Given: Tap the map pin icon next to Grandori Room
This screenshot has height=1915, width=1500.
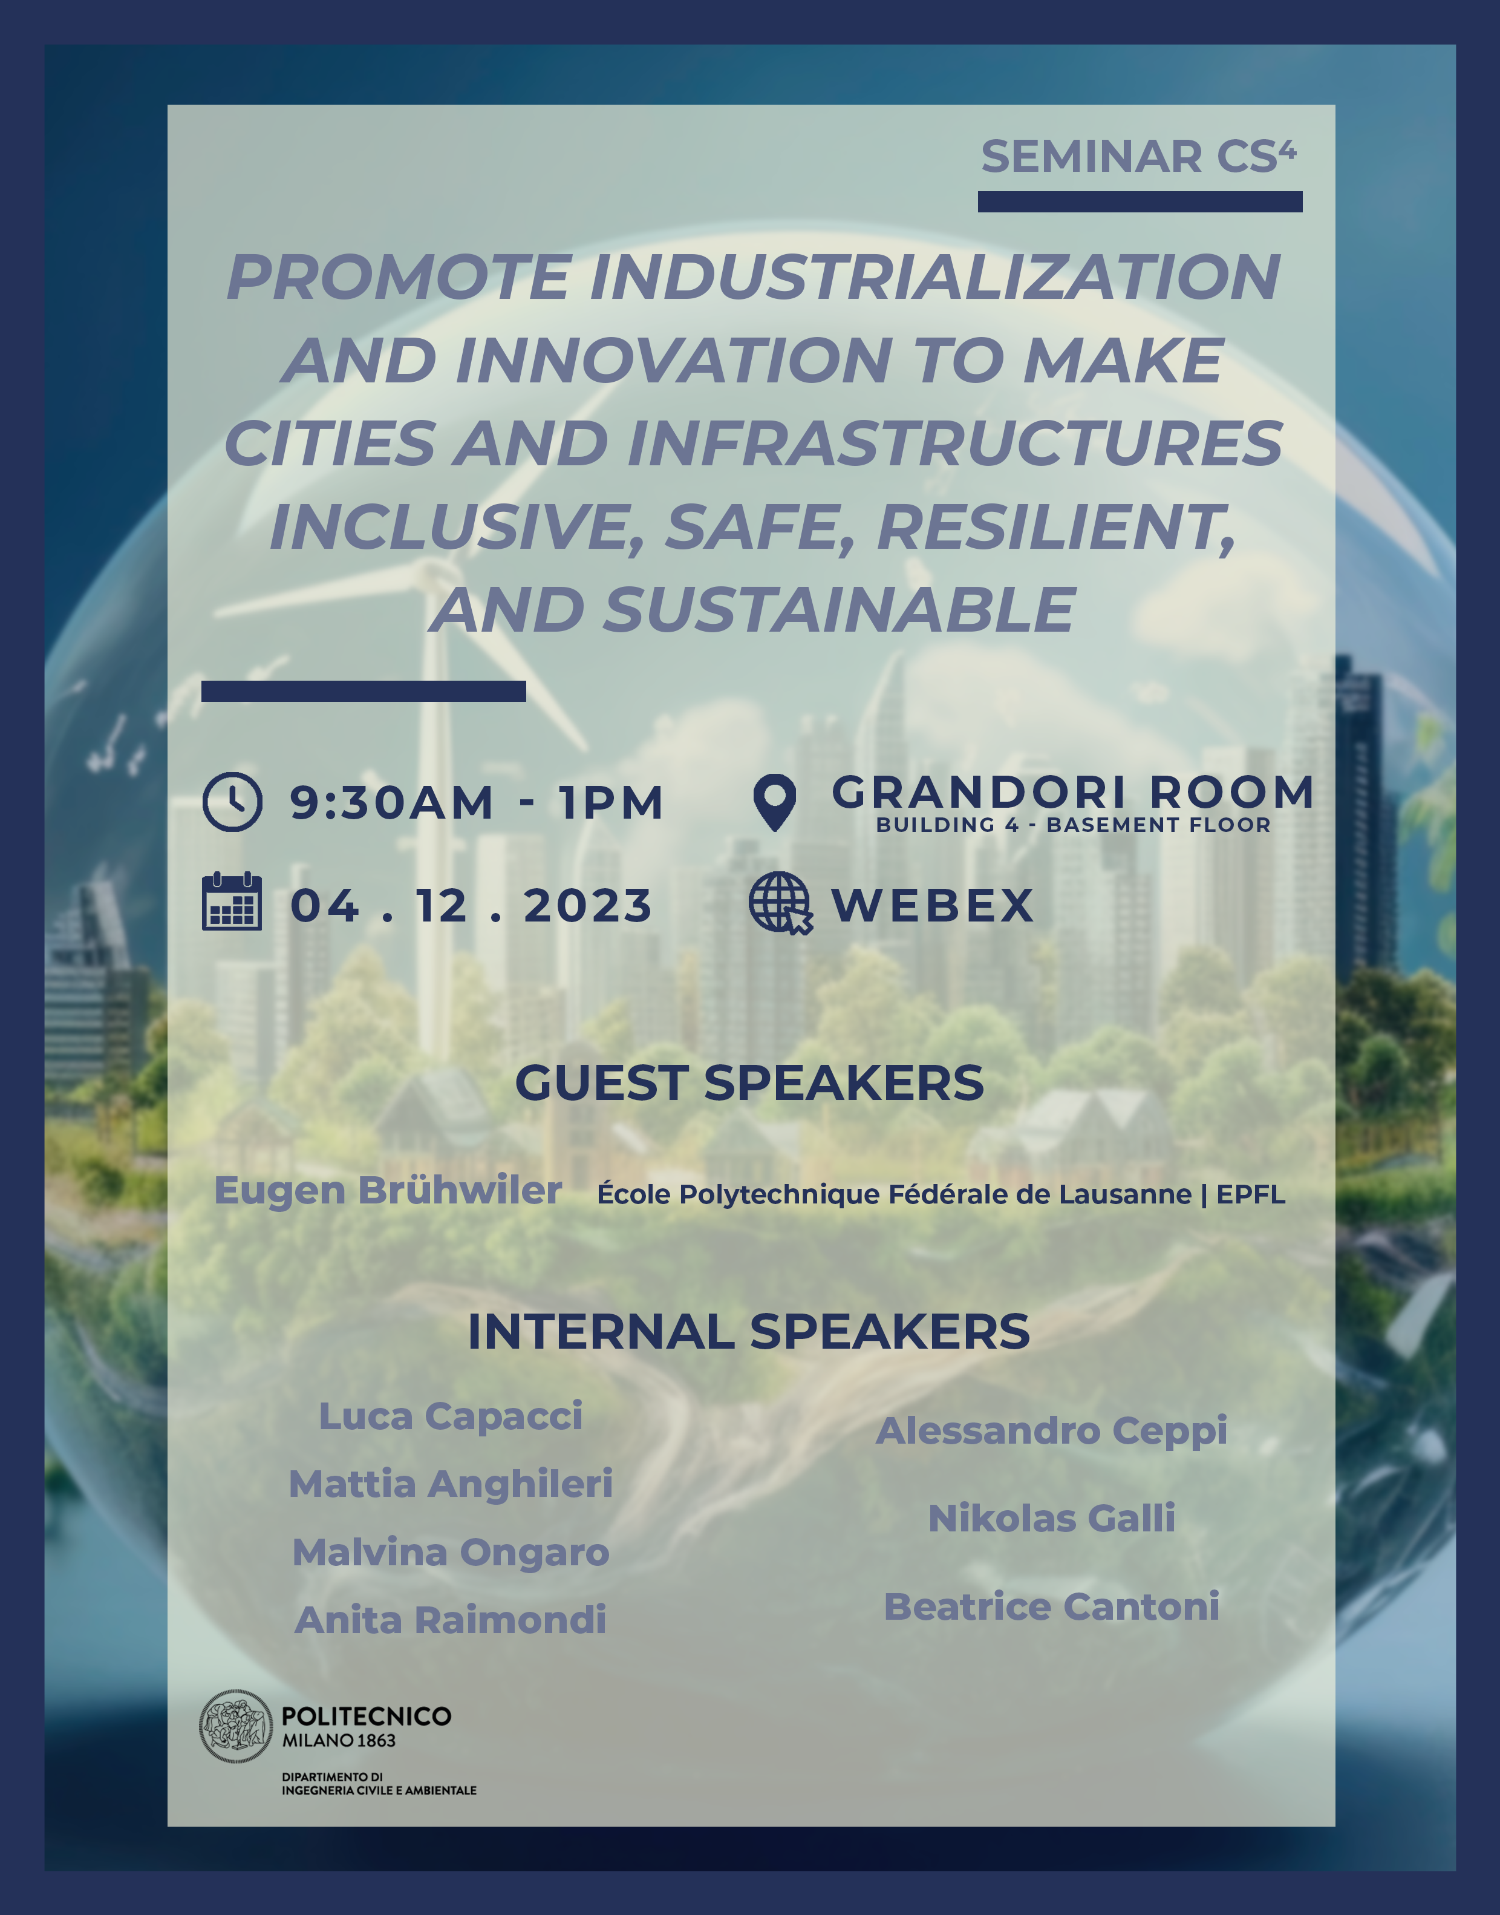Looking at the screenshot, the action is [x=775, y=802].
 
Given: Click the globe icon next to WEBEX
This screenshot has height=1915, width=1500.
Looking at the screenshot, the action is [x=780, y=903].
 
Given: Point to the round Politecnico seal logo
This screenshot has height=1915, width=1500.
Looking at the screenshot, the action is [x=235, y=1726].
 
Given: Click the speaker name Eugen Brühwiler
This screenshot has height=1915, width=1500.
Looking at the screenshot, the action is [x=388, y=1191].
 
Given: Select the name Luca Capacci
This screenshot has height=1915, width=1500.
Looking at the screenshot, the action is [x=451, y=1416].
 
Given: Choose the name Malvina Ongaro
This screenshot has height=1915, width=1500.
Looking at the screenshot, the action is [x=451, y=1552].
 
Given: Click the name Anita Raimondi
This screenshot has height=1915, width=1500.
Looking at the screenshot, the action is [x=451, y=1620].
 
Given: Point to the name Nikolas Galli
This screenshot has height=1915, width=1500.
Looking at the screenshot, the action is [x=1051, y=1518].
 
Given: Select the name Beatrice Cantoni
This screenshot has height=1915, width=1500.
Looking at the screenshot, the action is [x=1051, y=1606].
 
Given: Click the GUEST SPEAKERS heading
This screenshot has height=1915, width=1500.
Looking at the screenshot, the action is [x=749, y=1082].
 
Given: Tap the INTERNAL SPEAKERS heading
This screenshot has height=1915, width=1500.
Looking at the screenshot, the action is [x=749, y=1332].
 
